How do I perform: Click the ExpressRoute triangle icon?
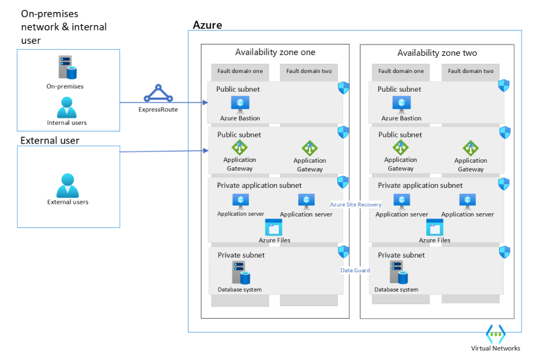pos(158,94)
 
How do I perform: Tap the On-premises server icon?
pos(66,68)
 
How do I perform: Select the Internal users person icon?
pos(66,107)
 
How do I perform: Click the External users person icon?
pos(67,185)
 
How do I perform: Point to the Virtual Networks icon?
pos(496,333)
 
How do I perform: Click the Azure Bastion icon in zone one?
pos(240,104)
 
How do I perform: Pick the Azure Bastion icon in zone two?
pos(401,104)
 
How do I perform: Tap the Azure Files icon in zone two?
pos(435,228)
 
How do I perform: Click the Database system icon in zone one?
pos(240,272)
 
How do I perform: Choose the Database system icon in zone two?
pos(399,272)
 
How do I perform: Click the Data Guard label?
pos(355,270)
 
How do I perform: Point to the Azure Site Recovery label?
pos(356,205)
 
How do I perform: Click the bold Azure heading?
pos(207,25)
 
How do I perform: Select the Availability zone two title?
pos(437,52)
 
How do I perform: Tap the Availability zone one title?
pos(275,52)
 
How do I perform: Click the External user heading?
pos(50,140)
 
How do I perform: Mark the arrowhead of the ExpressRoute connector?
pos(206,103)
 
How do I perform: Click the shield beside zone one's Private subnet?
pos(343,252)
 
